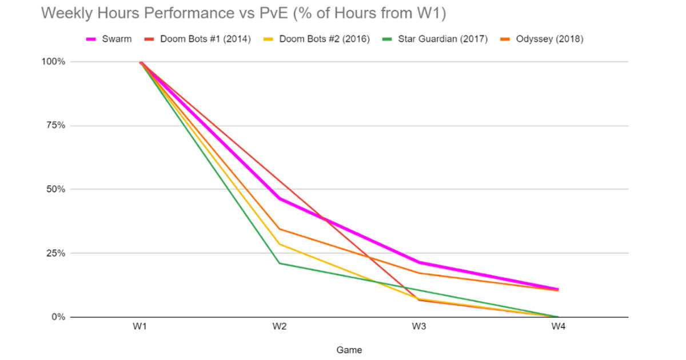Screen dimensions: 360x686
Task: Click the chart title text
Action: click(243, 14)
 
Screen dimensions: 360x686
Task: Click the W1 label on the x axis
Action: click(140, 327)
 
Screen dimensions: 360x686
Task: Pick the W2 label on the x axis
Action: click(279, 327)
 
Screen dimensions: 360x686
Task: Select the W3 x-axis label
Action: click(418, 327)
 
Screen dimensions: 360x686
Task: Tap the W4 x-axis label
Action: click(558, 327)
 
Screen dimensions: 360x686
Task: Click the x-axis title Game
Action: click(349, 350)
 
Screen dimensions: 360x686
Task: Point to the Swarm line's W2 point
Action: click(279, 198)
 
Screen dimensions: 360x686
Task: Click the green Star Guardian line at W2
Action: click(279, 263)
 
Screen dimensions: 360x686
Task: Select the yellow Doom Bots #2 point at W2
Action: click(279, 244)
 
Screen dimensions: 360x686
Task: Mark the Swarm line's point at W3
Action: click(418, 262)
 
